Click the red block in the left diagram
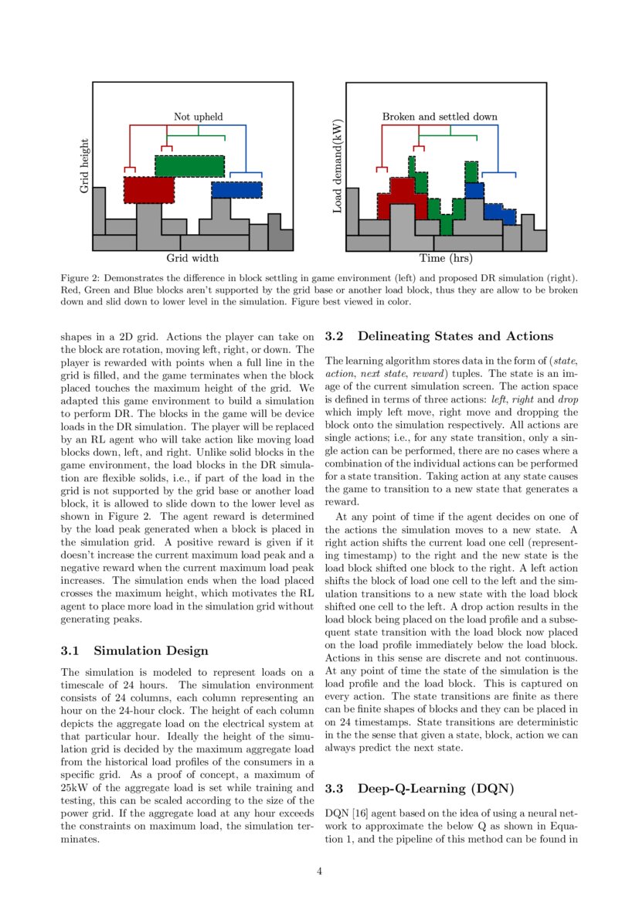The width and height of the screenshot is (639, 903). pyautogui.click(x=149, y=189)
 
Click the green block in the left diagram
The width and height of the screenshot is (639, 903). pyautogui.click(x=189, y=166)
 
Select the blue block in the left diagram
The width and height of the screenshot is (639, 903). pyautogui.click(x=236, y=189)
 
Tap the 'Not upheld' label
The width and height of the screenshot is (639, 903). pyautogui.click(x=198, y=117)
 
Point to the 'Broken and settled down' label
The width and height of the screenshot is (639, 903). pyautogui.click(x=440, y=117)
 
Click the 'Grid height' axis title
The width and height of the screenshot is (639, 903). pyautogui.click(x=85, y=166)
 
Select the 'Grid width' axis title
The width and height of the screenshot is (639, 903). pyautogui.click(x=192, y=258)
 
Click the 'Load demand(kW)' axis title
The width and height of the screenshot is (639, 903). pyautogui.click(x=338, y=166)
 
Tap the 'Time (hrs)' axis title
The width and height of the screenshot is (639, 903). pyautogui.click(x=446, y=258)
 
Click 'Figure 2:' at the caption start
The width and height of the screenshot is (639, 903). pyautogui.click(x=80, y=277)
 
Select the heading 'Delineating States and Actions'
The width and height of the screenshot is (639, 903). pyautogui.click(x=456, y=336)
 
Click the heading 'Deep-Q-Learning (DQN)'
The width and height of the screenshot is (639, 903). pyautogui.click(x=436, y=789)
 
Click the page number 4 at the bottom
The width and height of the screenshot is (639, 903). pyautogui.click(x=319, y=871)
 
